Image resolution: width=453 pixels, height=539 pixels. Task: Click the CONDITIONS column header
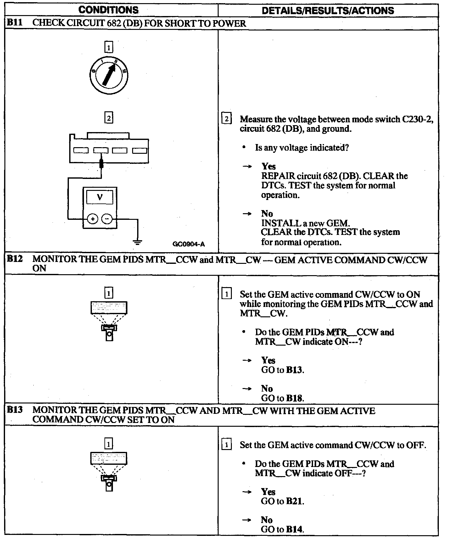[108, 10]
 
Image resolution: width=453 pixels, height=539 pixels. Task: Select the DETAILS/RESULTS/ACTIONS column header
[328, 10]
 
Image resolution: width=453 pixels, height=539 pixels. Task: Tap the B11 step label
[15, 23]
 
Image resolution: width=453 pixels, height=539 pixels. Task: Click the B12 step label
[15, 259]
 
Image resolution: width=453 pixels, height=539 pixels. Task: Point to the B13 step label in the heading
[15, 410]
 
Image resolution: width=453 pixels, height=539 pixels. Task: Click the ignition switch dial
[109, 75]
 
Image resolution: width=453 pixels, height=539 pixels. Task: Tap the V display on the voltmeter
[100, 197]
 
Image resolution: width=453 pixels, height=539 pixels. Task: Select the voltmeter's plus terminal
[92, 219]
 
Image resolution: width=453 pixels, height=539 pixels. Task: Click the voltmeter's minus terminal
[107, 219]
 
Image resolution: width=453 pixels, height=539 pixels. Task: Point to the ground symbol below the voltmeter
[137, 242]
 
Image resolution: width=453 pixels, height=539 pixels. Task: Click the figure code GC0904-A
[188, 244]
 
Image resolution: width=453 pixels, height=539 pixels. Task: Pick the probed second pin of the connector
[101, 151]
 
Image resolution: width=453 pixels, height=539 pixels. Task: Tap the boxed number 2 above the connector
[109, 118]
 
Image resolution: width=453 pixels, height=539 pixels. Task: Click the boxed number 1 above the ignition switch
[109, 48]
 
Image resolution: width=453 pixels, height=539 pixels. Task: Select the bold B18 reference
[295, 398]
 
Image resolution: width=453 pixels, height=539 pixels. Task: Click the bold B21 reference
[295, 501]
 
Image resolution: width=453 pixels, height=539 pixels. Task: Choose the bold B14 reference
[295, 529]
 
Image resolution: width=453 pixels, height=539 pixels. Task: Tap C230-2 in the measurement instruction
[417, 119]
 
